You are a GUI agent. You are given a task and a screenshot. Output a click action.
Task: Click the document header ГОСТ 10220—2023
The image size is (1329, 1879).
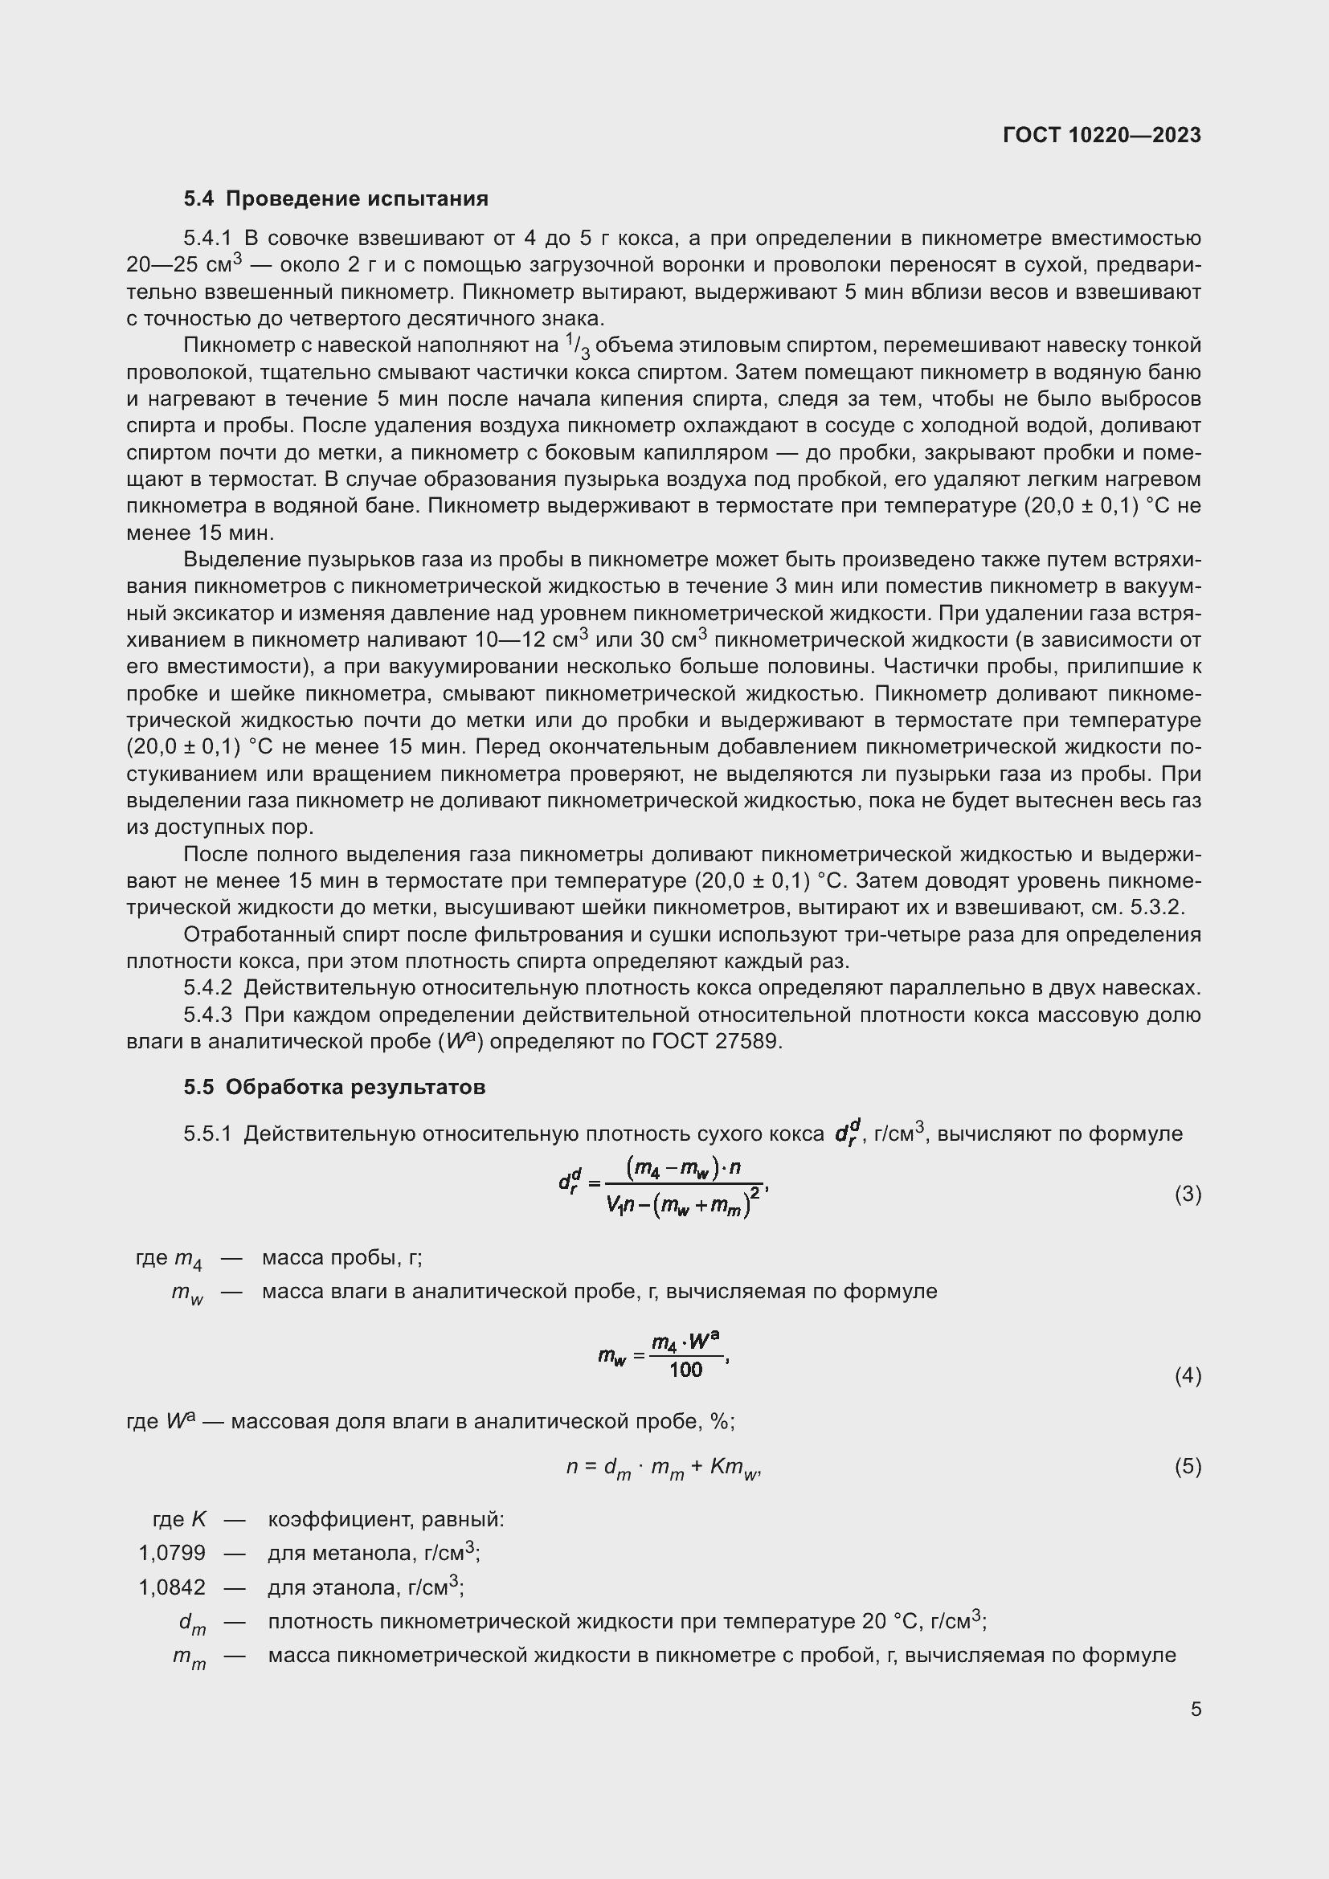tap(1102, 135)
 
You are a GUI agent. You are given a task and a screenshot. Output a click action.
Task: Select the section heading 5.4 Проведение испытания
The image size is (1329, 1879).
tap(336, 199)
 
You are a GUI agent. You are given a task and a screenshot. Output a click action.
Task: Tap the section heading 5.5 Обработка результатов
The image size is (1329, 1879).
tap(334, 1087)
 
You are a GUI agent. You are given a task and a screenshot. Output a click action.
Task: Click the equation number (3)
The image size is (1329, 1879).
tap(1188, 1194)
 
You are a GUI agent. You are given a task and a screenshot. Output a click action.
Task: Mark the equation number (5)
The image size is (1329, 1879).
tap(1188, 1466)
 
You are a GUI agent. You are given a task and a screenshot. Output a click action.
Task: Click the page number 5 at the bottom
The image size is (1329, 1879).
tap(1196, 1709)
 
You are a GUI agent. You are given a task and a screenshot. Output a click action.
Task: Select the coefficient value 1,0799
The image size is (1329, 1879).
tap(172, 1553)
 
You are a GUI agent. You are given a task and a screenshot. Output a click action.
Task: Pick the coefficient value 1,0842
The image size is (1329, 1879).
tap(172, 1587)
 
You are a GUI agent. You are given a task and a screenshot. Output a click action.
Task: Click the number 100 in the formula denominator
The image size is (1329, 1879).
tap(685, 1370)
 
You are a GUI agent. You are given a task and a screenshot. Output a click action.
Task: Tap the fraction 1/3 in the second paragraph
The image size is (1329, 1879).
tap(577, 347)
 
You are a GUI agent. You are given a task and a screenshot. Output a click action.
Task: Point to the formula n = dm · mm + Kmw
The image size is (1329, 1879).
tap(664, 1468)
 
